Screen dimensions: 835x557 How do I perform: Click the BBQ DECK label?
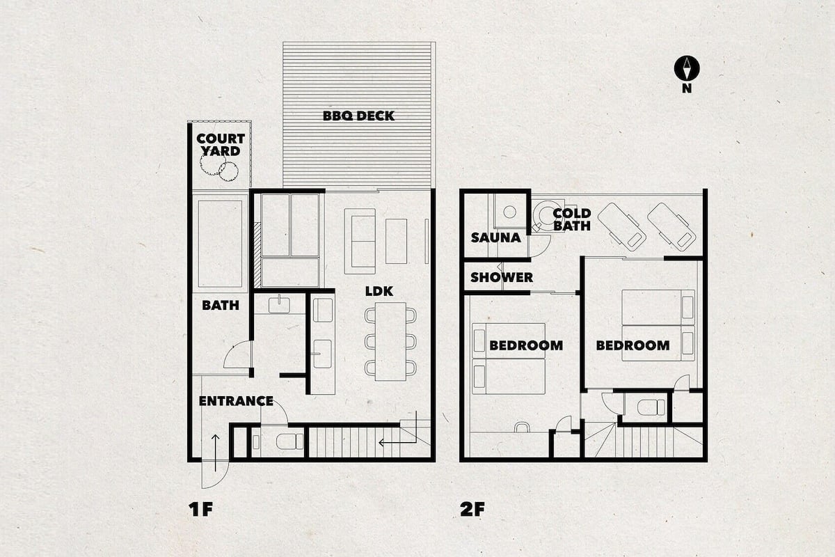pos(358,116)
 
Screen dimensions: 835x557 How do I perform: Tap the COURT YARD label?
pos(221,145)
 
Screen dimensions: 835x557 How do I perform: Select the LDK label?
pos(379,291)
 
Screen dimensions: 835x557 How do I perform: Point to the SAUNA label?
pos(495,237)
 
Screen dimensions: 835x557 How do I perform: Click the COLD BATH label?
pos(572,219)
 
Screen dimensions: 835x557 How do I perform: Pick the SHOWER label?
pos(502,277)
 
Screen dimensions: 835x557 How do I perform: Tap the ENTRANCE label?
pos(236,401)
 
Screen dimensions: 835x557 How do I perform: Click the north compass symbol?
pos(687,68)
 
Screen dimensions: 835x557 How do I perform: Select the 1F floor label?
pos(200,509)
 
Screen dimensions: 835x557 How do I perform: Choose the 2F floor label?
pos(472,509)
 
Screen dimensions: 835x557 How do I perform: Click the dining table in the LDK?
pos(390,341)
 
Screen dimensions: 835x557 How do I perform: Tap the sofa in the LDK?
pos(360,242)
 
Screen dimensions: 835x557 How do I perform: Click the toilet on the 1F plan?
pos(289,441)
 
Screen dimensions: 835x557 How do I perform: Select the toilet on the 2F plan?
pos(651,407)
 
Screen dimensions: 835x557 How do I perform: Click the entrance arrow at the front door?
pos(216,453)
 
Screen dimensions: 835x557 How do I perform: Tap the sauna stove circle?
pos(509,212)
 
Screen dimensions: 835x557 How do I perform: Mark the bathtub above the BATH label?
pos(220,244)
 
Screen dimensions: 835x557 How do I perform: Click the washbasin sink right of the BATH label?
pos(279,304)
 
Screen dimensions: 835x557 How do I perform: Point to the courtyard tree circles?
pos(219,167)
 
